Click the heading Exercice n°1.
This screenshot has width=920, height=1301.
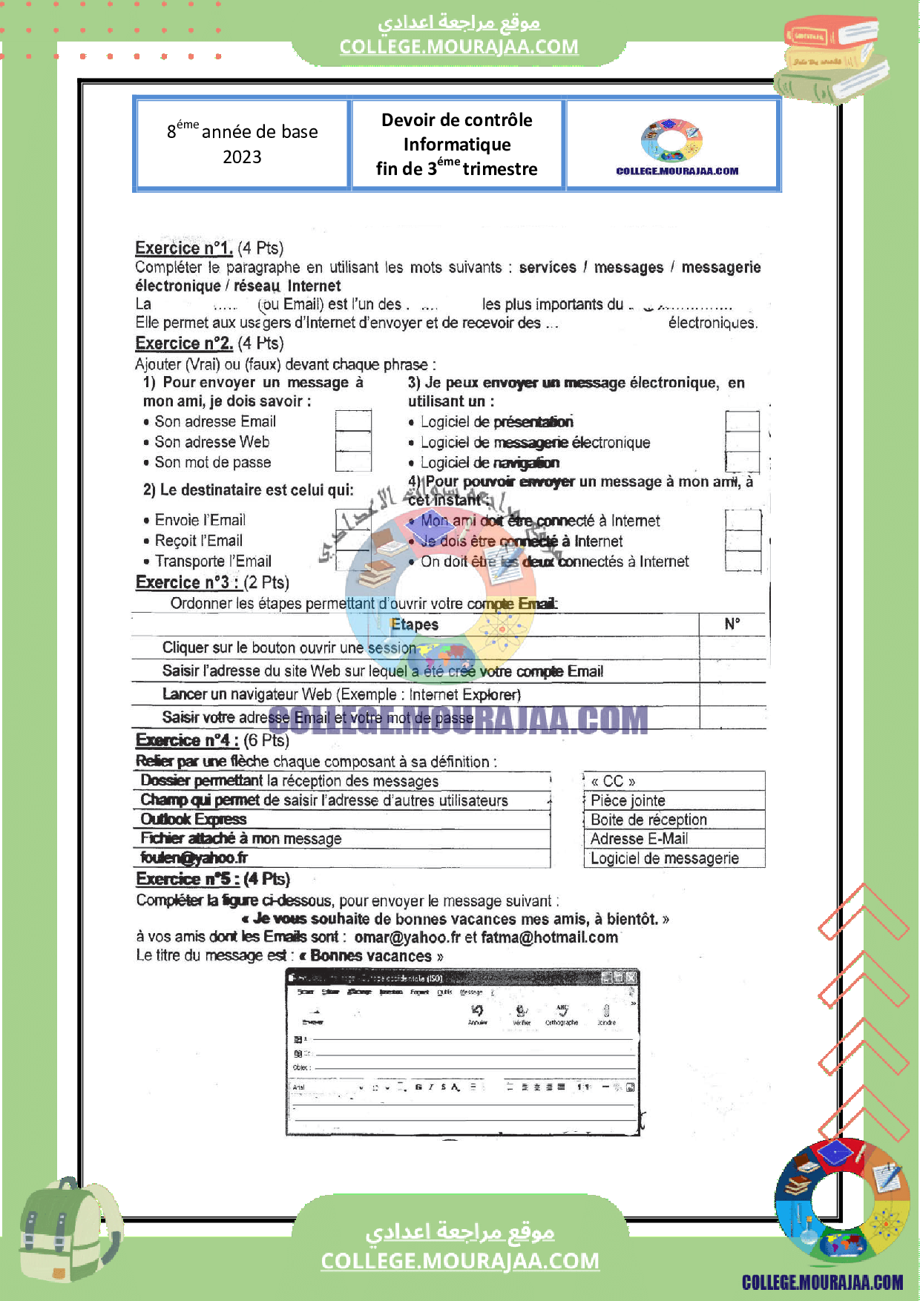pos(183,248)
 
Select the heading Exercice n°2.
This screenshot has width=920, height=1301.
pos(184,343)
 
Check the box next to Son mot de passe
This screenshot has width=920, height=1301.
pos(353,462)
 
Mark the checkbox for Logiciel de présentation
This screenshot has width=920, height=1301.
pos(742,421)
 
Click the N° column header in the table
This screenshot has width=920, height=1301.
pos(732,624)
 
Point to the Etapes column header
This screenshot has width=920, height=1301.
pos(415,625)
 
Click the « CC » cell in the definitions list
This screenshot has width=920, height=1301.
pos(674,781)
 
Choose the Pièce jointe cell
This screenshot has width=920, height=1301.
pos(674,800)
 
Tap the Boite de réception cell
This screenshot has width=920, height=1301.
pos(674,820)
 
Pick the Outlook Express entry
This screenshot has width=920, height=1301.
pos(194,819)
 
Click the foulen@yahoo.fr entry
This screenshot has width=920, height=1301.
pos(194,857)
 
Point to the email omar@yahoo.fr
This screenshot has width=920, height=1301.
pos(407,937)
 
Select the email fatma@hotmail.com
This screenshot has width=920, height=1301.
pos(549,937)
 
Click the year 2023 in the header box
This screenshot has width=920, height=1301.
pos(242,157)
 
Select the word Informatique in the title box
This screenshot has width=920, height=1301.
pos(457,145)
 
